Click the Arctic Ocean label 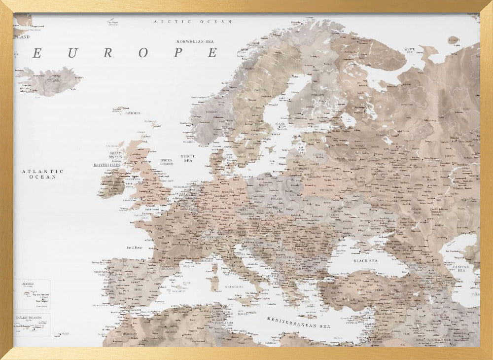pyautogui.click(x=193, y=22)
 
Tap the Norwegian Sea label pyautogui.click(x=198, y=41)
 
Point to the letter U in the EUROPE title pyautogui.click(x=72, y=53)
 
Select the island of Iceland pyautogui.click(x=50, y=82)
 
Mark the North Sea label pyautogui.click(x=188, y=158)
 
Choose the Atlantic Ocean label pyautogui.click(x=42, y=174)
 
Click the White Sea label pyautogui.click(x=409, y=50)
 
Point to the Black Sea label pyautogui.click(x=365, y=260)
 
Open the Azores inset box pyautogui.click(x=32, y=294)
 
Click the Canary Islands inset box pyautogui.click(x=32, y=324)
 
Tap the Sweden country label pyautogui.click(x=260, y=90)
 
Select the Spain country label pyautogui.click(x=138, y=289)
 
